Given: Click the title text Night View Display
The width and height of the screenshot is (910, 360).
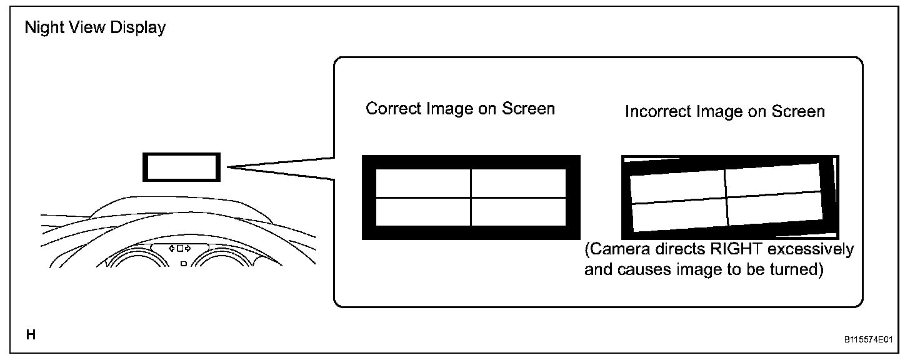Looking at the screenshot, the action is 95,28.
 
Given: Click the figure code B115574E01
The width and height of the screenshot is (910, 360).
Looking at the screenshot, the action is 868,341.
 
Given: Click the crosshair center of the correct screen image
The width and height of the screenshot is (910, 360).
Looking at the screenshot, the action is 471,197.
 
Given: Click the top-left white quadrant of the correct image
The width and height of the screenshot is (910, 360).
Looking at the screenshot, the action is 423,183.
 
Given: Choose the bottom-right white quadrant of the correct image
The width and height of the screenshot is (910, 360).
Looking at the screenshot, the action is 518,212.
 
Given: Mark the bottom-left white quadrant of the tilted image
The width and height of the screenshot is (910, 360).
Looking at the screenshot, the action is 680,216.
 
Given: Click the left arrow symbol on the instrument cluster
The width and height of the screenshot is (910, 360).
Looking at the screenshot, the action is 172,249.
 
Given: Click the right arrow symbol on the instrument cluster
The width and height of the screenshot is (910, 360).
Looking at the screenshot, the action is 187,249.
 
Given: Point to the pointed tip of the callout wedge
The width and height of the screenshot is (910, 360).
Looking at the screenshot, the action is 229,167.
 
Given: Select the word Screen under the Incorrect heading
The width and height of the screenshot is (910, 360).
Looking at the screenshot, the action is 798,112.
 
